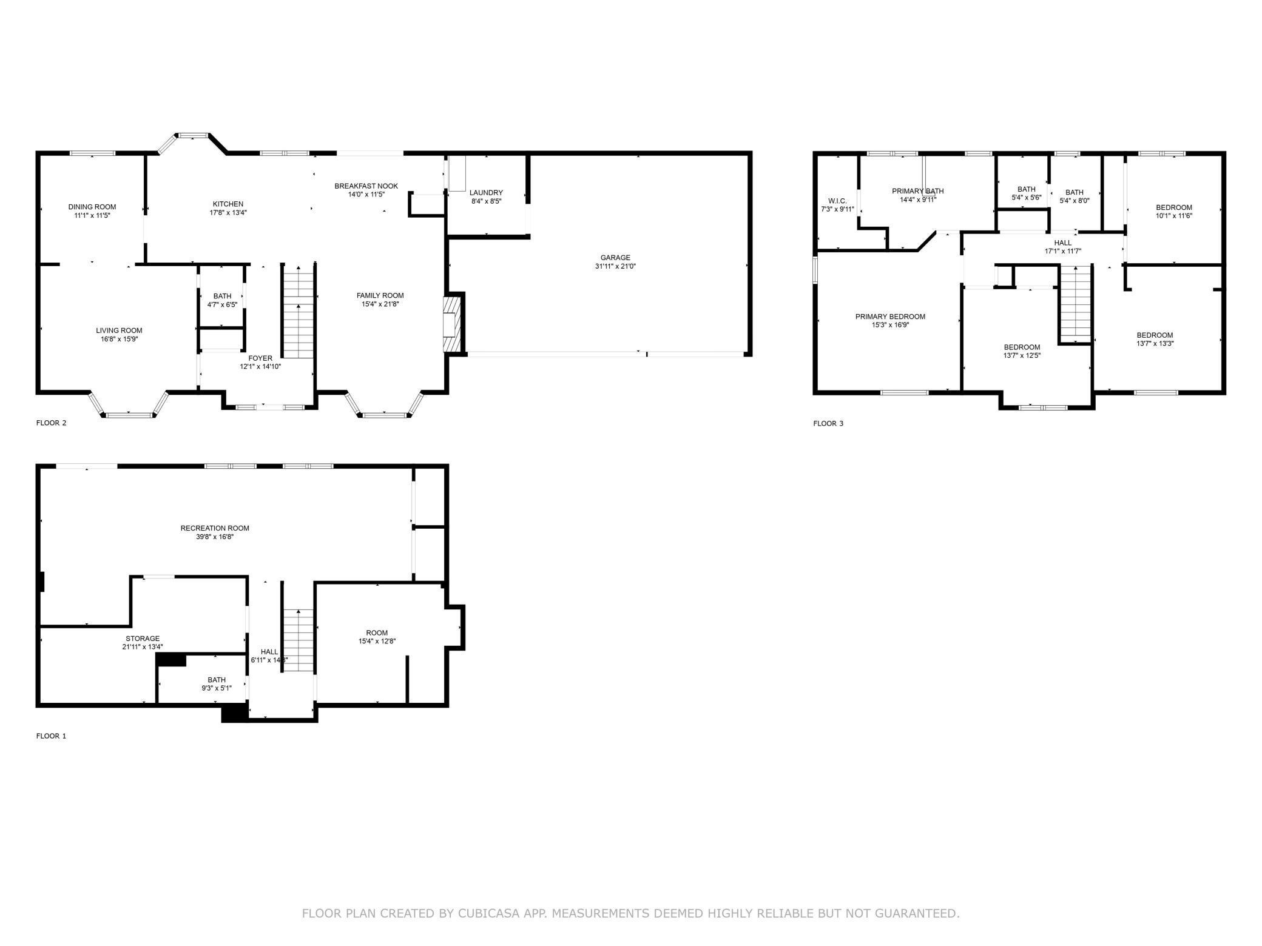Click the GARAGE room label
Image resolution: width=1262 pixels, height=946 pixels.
point(615,258)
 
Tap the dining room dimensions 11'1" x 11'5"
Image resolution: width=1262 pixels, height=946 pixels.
point(92,215)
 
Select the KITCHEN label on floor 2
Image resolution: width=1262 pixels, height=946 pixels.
point(228,204)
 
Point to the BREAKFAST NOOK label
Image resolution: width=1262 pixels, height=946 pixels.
point(366,186)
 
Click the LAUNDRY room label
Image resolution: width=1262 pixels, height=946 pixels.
point(486,193)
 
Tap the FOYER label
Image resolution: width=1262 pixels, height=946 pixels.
point(260,358)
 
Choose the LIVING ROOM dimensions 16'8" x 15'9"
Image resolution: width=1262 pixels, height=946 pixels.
point(120,339)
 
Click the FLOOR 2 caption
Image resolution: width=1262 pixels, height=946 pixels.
point(52,423)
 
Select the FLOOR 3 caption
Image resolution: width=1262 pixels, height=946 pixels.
point(828,423)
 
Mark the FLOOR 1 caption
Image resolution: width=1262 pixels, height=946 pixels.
point(52,736)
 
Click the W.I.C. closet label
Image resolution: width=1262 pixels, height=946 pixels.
point(837,201)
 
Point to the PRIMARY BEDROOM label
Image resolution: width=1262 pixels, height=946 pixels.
point(890,317)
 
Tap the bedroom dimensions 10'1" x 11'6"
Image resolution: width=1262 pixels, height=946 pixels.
point(1174,216)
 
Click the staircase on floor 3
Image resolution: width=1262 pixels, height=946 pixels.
point(1075,304)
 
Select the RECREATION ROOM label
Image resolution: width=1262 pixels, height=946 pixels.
point(215,528)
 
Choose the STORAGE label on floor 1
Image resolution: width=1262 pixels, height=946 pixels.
point(143,639)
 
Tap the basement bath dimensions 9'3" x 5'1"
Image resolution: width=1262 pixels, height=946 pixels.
point(217,688)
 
